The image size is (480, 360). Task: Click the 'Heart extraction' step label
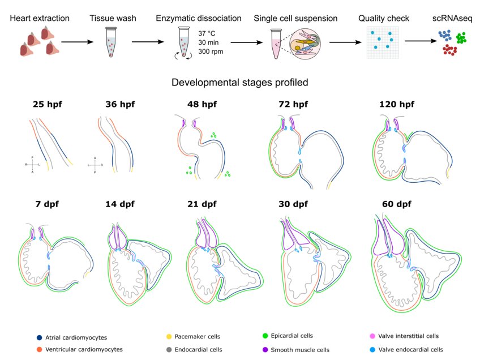point(40,19)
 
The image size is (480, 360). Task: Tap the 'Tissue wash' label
point(112,19)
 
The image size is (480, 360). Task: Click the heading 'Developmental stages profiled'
point(240,83)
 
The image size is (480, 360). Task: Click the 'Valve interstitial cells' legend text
point(411,337)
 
